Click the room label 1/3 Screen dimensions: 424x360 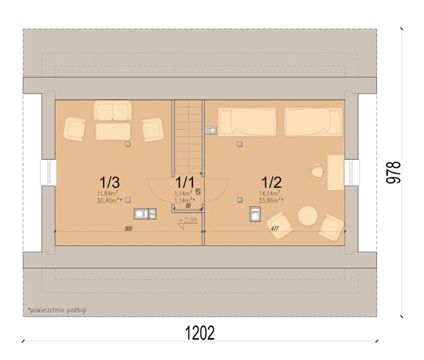110,182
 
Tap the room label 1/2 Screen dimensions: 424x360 271,182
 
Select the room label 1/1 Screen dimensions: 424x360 185,182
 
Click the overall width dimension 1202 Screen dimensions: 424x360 200,333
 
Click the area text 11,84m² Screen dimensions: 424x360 107,193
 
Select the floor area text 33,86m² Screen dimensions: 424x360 271,200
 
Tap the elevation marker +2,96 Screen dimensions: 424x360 188,220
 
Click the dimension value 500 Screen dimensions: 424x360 129,229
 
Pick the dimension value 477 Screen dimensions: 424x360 275,229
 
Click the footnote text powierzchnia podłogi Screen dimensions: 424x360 58,310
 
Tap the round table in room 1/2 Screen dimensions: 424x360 308,216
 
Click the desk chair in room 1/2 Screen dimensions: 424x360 316,172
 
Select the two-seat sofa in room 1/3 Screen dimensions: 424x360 113,110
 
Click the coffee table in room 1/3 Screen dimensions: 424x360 113,131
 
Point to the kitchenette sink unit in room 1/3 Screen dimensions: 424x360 145,214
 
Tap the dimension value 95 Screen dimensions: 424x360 188,206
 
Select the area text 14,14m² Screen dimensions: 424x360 270,193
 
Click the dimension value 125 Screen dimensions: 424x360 198,191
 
